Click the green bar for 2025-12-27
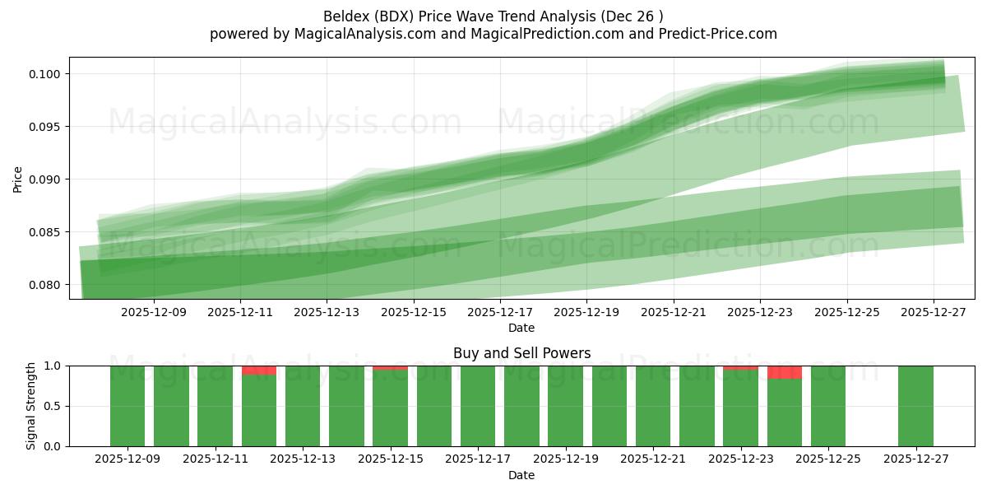915,406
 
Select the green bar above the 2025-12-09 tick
127,406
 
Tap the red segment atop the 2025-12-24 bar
785,372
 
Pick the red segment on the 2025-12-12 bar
259,370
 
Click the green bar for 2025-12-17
478,406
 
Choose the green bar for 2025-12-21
653,406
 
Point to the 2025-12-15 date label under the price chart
414,312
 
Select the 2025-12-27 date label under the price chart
934,312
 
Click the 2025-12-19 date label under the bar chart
565,459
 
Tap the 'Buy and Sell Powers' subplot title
521,353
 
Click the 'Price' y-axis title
18,179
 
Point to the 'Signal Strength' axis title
31,406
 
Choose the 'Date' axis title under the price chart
521,328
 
